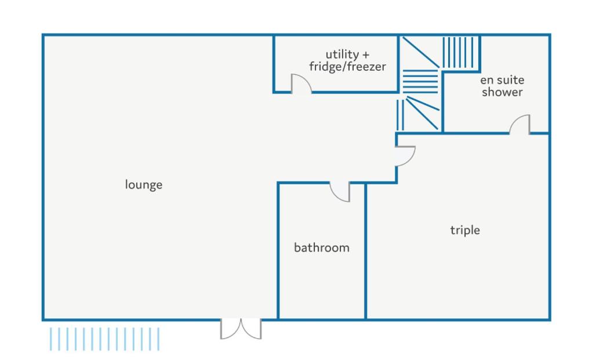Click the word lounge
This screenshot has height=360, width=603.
[143, 184]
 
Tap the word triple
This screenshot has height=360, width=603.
[465, 230]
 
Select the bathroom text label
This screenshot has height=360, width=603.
[321, 248]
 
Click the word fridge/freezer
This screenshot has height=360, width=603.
[347, 67]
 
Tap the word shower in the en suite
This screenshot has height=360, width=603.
[502, 92]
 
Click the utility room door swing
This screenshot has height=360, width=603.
[301, 83]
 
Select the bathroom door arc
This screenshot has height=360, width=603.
[340, 192]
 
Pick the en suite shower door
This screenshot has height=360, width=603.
[520, 124]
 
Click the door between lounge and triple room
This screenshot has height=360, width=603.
[406, 156]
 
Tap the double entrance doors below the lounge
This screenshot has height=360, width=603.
[241, 329]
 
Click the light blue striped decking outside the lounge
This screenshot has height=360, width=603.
[104, 339]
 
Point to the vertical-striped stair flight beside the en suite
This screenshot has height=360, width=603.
[460, 52]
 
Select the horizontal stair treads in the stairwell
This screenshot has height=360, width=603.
[420, 82]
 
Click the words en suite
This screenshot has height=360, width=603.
[502, 80]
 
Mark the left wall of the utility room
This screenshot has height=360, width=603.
[274, 64]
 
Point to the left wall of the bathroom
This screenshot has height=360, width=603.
[278, 251]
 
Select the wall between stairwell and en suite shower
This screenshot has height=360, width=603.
[443, 102]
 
